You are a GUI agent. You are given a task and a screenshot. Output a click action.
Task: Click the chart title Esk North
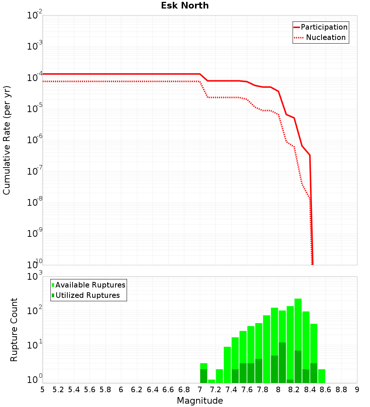pyautogui.click(x=185, y=6)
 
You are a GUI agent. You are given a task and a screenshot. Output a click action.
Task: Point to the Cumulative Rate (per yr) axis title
pyautogui.click(x=7, y=140)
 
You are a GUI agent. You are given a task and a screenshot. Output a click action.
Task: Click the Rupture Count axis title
pyautogui.click(x=14, y=330)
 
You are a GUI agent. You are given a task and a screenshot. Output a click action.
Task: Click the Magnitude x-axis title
pyautogui.click(x=200, y=400)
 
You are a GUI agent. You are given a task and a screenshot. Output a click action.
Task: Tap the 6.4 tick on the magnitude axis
pyautogui.click(x=152, y=390)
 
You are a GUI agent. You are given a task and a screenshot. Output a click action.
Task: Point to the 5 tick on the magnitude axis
pyautogui.click(x=43, y=390)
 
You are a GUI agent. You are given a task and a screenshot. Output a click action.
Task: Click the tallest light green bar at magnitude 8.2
pyautogui.click(x=298, y=322)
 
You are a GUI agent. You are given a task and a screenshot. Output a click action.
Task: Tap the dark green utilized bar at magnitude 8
pyautogui.click(x=282, y=363)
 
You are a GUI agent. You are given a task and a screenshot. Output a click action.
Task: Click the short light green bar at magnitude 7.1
pyautogui.click(x=211, y=381)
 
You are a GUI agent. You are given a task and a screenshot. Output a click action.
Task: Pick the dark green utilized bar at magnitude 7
pyautogui.click(x=203, y=376)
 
